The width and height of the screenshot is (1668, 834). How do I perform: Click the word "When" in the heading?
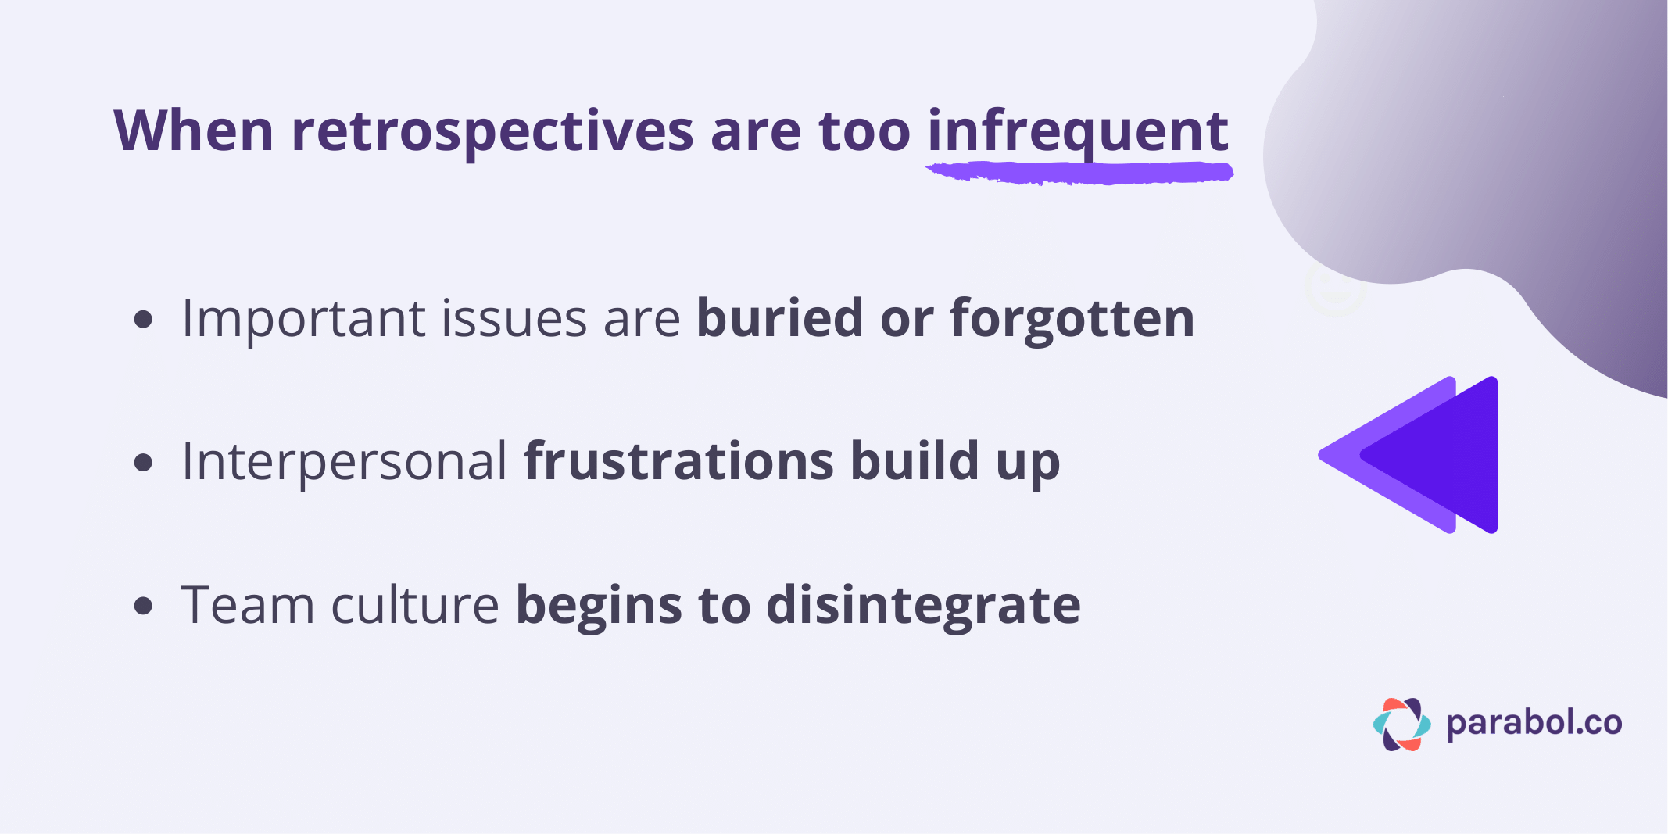193,131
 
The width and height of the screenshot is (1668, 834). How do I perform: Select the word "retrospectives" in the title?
492,131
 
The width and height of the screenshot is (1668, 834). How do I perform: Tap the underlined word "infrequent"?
1078,131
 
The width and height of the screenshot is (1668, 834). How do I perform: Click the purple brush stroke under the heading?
1079,173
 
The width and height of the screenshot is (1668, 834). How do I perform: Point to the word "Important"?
306,319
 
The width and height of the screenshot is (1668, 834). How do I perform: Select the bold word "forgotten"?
1072,319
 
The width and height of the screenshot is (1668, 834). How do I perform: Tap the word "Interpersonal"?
344,461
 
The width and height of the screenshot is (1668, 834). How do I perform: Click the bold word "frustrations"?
678,461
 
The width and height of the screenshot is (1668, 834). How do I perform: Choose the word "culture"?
415,605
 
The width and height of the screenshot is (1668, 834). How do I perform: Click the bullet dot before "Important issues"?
143,319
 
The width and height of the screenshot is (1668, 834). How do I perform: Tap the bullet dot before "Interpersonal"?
143,462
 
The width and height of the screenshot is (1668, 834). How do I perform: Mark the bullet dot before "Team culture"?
143,605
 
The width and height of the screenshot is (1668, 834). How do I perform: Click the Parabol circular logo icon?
1401,724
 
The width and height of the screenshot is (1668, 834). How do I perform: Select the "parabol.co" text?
1534,723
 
